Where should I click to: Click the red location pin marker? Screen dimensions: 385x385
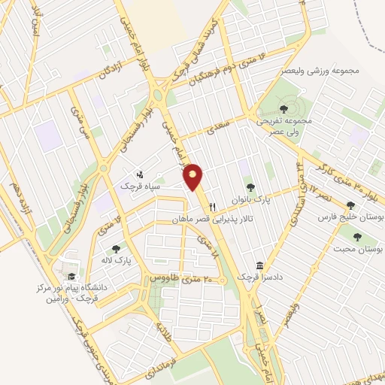click(x=194, y=177)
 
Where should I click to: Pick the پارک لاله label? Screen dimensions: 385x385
click(x=118, y=259)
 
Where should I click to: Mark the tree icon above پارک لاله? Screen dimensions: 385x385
click(x=116, y=248)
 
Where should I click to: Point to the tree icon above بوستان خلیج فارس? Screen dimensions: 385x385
click(x=350, y=205)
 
